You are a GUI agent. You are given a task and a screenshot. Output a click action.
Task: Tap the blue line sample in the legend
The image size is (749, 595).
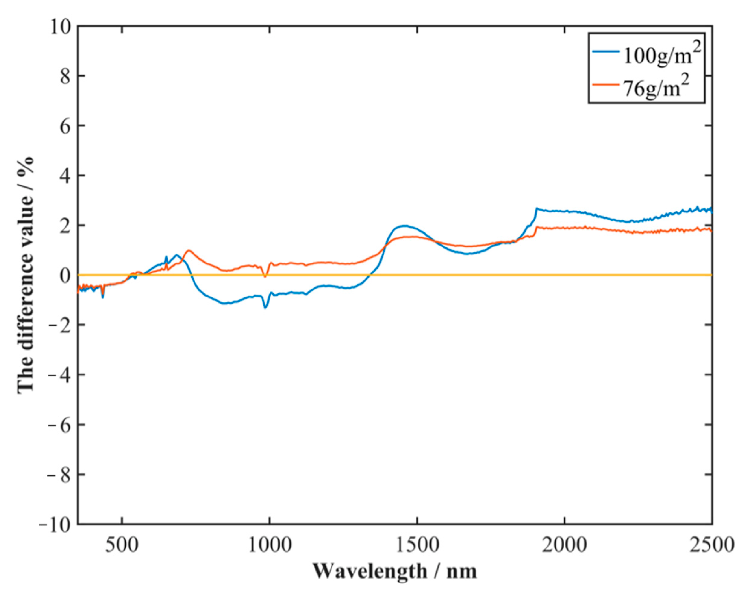pyautogui.click(x=607, y=51)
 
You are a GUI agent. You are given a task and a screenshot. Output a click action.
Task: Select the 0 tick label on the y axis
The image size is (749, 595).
pyautogui.click(x=64, y=276)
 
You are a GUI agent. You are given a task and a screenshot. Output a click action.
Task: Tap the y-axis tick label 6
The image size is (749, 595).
pyautogui.click(x=64, y=126)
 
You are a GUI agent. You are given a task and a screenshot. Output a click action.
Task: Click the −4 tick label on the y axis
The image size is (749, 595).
pyautogui.click(x=59, y=375)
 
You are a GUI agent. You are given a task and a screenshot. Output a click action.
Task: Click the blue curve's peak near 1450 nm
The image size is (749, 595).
pyautogui.click(x=404, y=226)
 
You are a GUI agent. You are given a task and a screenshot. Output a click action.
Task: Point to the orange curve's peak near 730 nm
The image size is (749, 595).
pyautogui.click(x=189, y=250)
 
